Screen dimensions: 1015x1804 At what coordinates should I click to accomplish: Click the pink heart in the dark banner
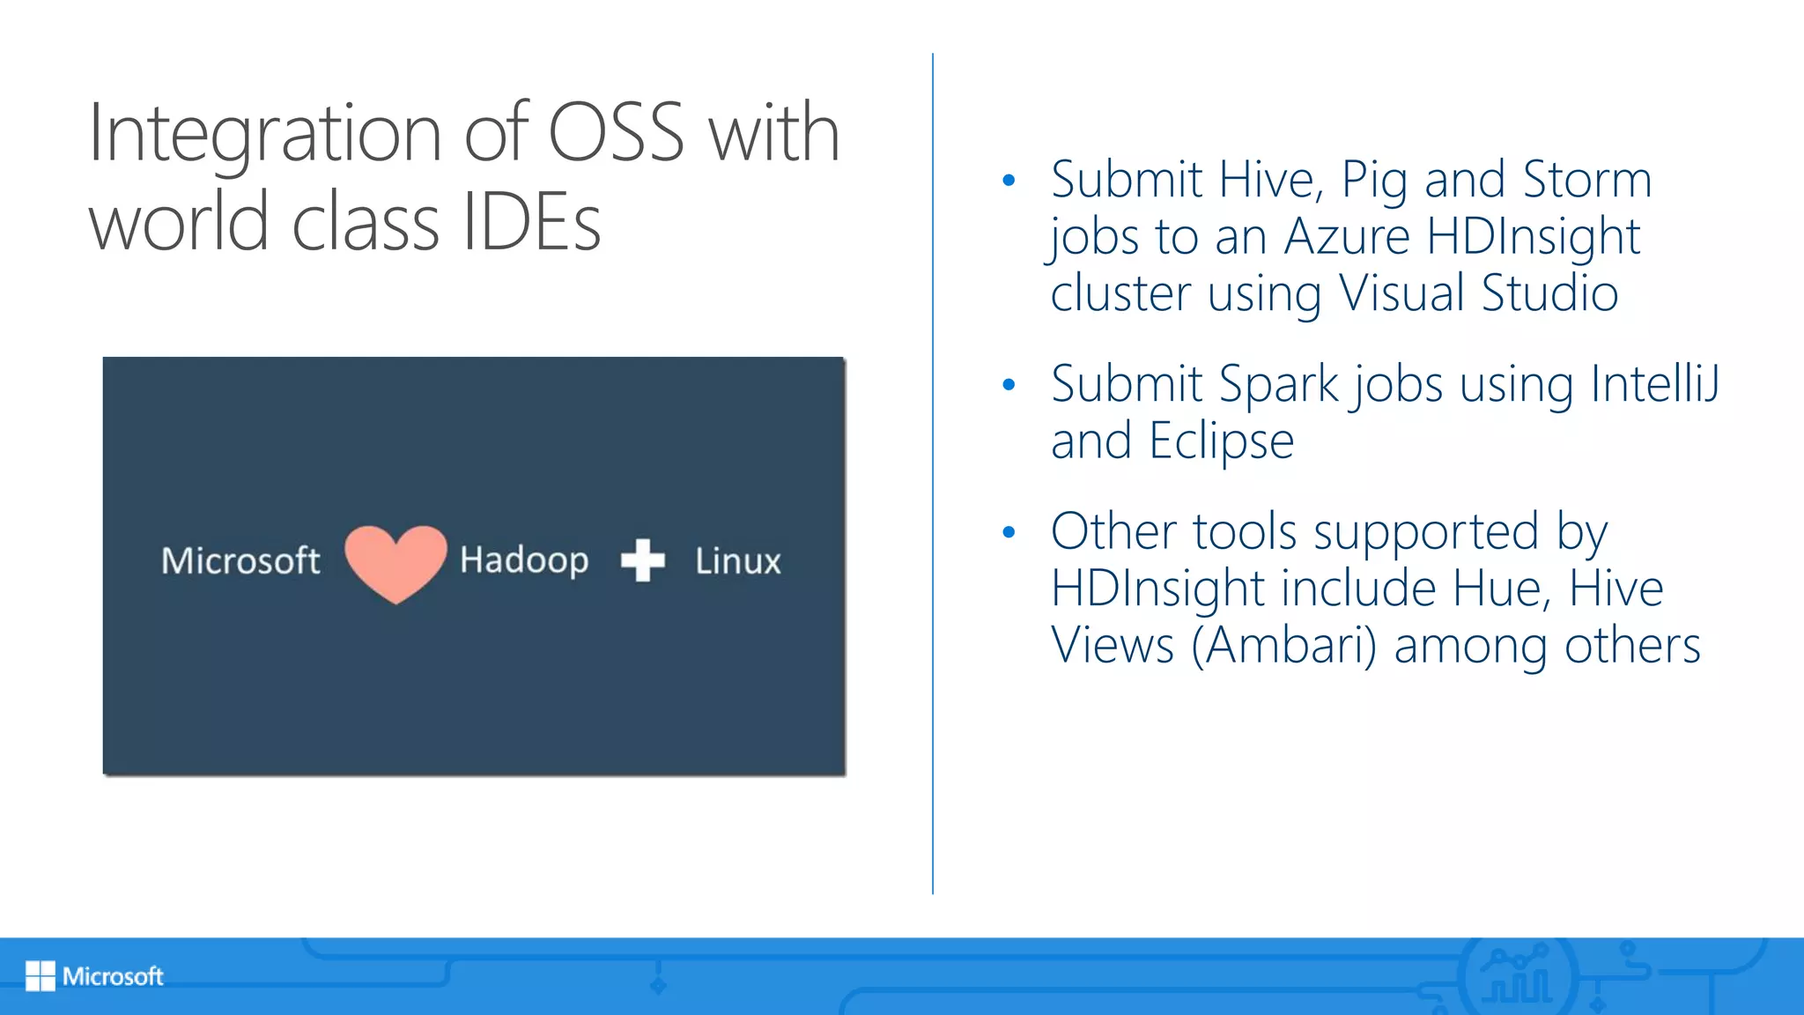tap(396, 562)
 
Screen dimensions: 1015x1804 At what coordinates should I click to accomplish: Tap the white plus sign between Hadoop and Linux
tap(643, 560)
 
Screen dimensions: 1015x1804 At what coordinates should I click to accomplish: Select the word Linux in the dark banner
tap(738, 561)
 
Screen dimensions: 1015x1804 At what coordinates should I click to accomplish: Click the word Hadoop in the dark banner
tap(524, 561)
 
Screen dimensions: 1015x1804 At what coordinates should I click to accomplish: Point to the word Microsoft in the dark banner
tap(240, 561)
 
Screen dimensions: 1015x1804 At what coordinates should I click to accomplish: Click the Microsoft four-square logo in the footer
tap(41, 976)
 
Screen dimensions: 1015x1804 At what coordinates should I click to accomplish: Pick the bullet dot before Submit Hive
tap(1009, 182)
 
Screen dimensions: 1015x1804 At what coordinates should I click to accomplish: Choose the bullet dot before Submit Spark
tap(1009, 385)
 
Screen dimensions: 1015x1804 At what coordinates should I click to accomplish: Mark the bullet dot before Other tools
tap(1009, 532)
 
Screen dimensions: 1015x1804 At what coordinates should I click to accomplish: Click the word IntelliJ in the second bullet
tap(1655, 385)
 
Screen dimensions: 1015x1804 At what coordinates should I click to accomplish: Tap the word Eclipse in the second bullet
tap(1221, 441)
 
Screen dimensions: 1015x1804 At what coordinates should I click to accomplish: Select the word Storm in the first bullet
tap(1587, 181)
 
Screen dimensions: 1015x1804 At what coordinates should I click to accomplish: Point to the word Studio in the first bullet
tap(1550, 293)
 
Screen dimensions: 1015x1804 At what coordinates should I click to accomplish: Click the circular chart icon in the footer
tap(1516, 976)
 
